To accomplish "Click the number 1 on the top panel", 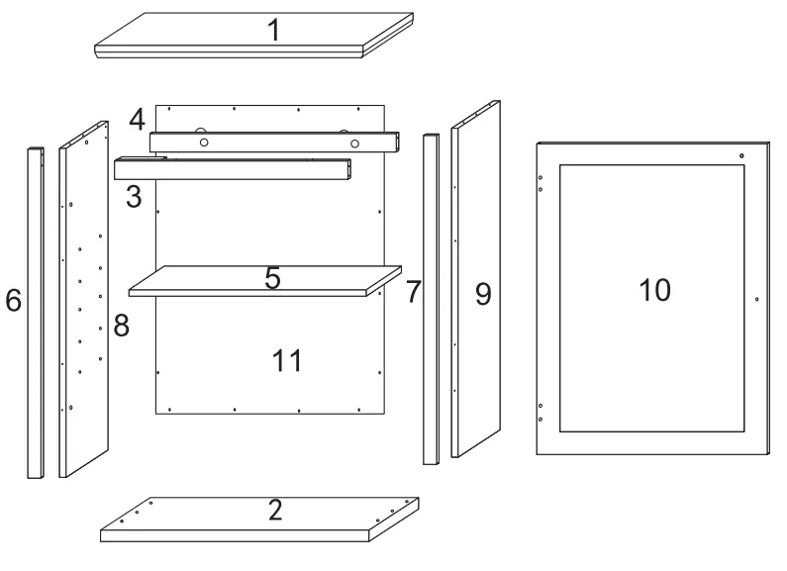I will (x=273, y=30).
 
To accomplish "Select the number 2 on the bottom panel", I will (x=275, y=510).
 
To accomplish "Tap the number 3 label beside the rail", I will (x=134, y=196).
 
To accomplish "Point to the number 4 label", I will (x=137, y=121).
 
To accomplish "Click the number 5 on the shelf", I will (x=272, y=278).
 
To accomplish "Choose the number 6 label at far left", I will (x=13, y=301).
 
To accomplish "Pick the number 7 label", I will (x=413, y=292).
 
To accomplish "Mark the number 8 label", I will (x=121, y=327).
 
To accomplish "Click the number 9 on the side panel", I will (x=483, y=294).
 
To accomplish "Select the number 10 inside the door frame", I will (x=654, y=290).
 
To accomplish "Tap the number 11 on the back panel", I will (x=287, y=360).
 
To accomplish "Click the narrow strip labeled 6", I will (x=35, y=312).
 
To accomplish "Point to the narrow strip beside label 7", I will (x=431, y=297).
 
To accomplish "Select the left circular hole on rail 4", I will (x=204, y=143).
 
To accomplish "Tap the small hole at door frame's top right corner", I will (x=740, y=155).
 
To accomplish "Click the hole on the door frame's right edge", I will (x=755, y=298).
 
